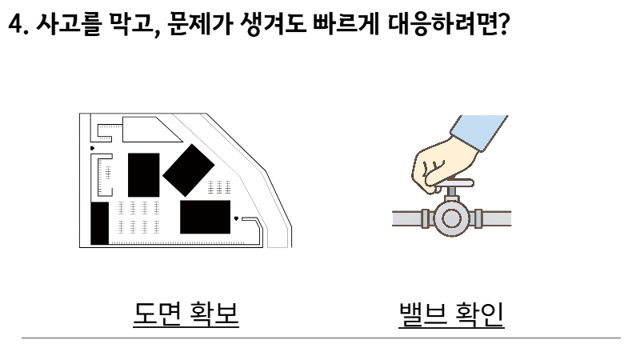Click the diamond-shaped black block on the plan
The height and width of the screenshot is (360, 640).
188,170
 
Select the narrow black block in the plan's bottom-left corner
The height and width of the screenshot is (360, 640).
99,223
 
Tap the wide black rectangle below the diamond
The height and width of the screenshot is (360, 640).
204,217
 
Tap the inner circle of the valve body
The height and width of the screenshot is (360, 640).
453,217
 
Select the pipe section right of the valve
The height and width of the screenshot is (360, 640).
498,217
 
